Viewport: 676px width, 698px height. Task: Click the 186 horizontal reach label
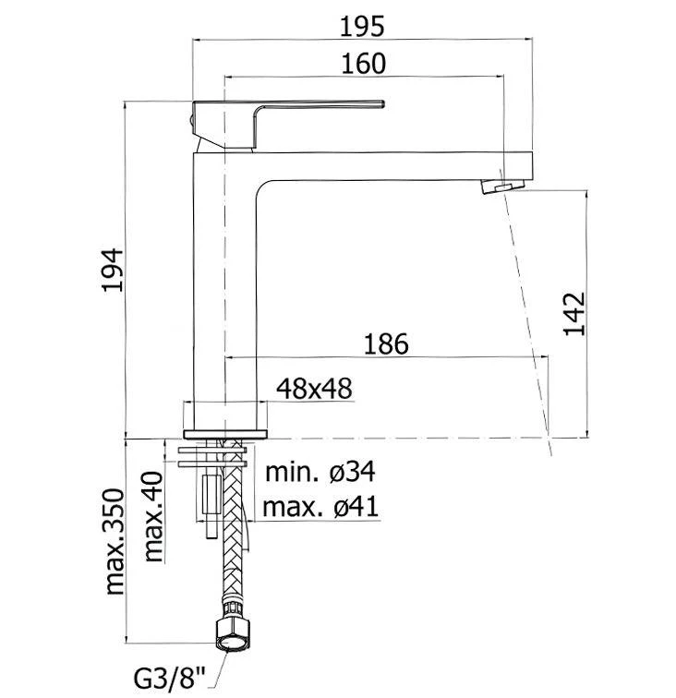click(386, 343)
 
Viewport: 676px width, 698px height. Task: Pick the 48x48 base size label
click(315, 389)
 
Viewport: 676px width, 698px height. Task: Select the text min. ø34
click(320, 473)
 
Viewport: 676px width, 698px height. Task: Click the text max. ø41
click(320, 507)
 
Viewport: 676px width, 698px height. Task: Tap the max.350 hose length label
click(115, 541)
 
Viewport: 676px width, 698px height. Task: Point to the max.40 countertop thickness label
click(152, 517)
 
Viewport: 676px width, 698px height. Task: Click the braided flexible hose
click(232, 554)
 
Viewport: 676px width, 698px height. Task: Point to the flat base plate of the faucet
click(226, 432)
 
